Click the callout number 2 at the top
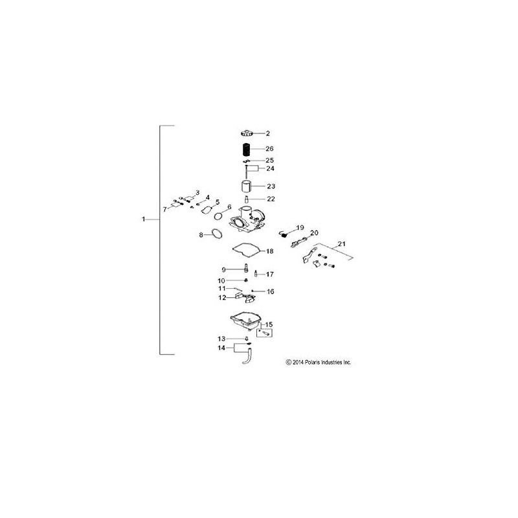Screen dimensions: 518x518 tap(267, 133)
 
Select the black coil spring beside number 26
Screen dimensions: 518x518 tap(247, 148)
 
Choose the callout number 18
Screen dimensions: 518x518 tap(270, 251)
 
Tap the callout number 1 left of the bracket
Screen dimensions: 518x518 tap(144, 220)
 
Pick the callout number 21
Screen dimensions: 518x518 tap(342, 243)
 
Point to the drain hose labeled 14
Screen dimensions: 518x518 tap(247, 357)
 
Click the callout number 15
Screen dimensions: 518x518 tap(269, 324)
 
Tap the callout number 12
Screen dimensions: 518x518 tap(222, 298)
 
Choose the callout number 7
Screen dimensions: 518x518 tap(165, 210)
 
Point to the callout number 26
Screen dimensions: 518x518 tap(269, 148)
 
